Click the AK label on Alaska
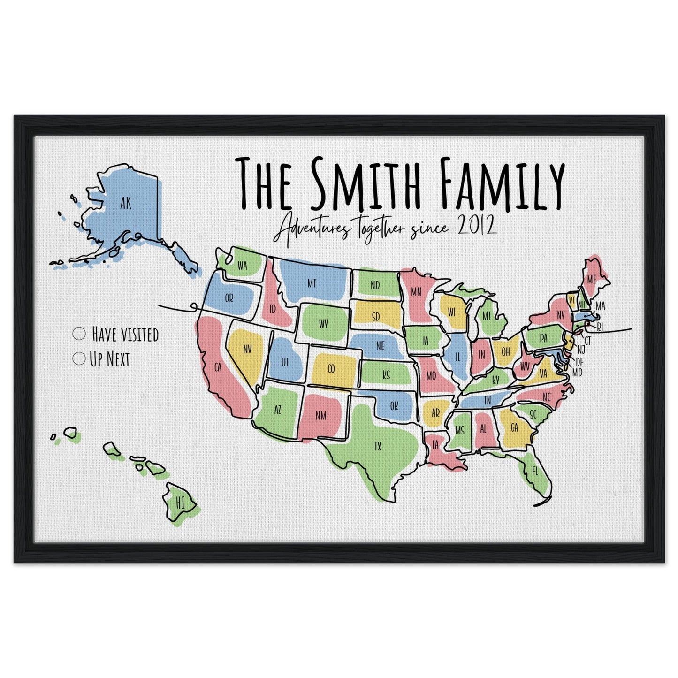[125, 203]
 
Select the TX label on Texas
[378, 446]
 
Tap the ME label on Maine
[591, 280]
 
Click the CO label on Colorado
[331, 369]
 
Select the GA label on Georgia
[514, 427]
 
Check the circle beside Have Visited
[79, 334]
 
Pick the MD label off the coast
[578, 373]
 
